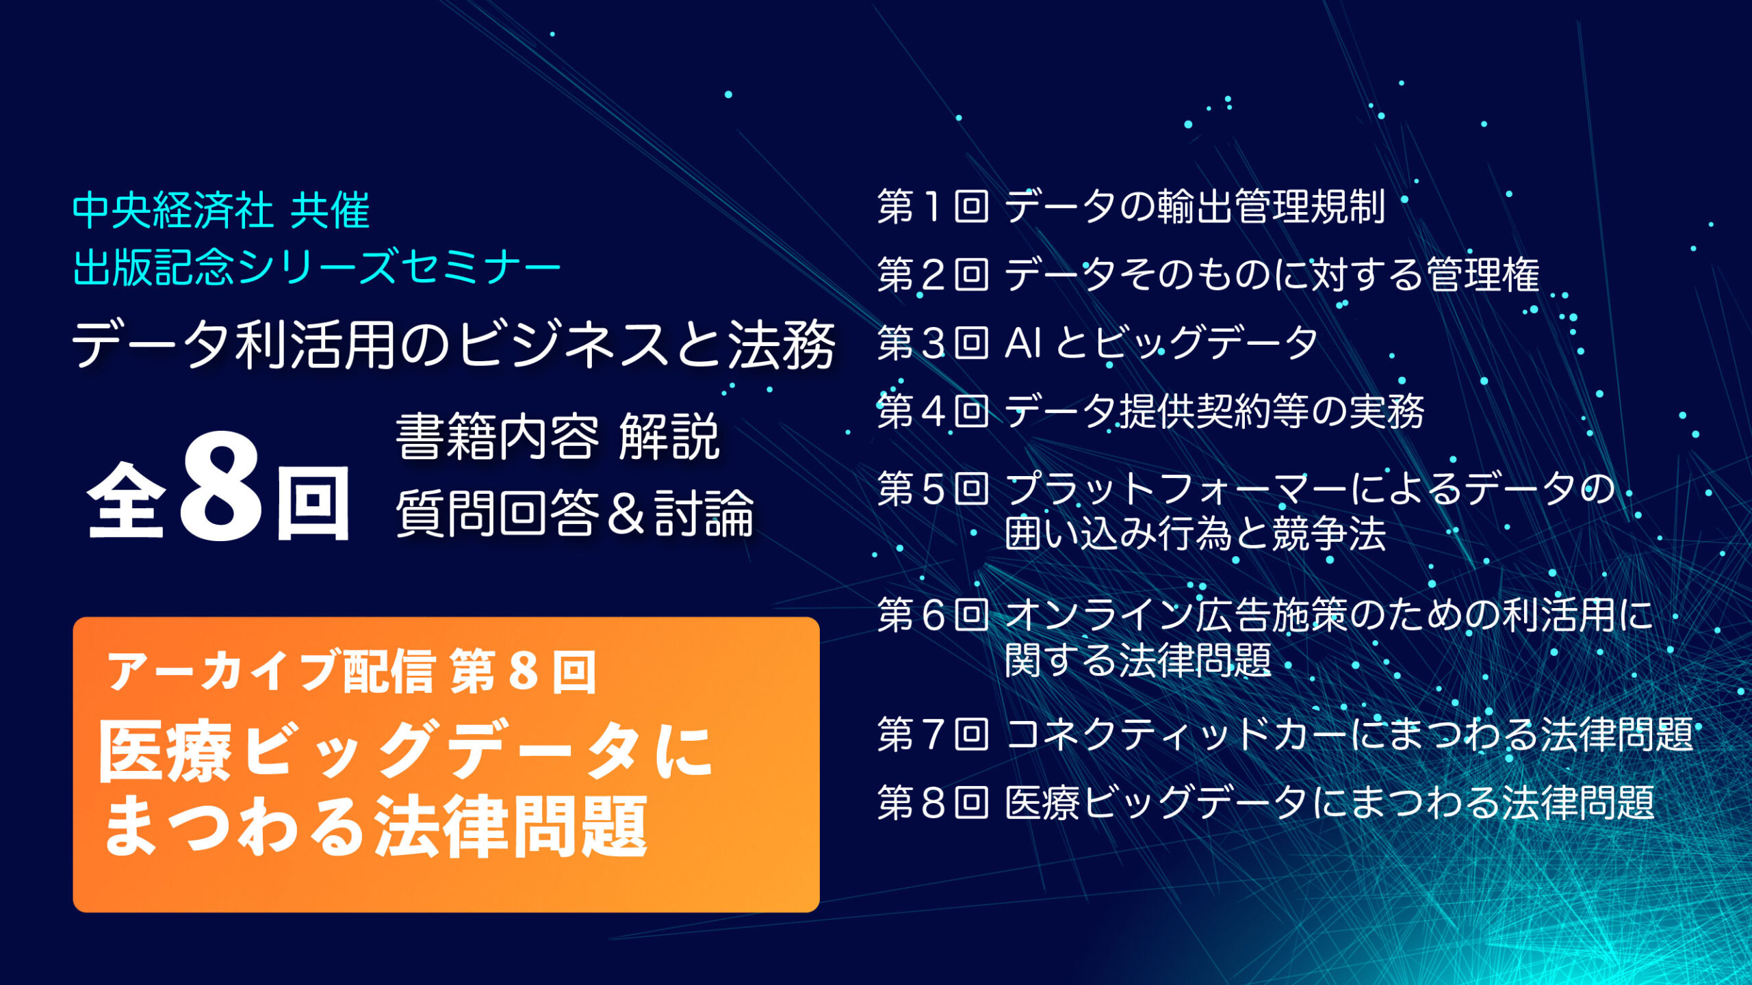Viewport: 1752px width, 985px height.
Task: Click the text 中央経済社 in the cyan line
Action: (172, 210)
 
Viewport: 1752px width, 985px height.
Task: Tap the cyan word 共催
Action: (330, 210)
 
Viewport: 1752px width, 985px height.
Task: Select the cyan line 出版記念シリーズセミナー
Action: (317, 267)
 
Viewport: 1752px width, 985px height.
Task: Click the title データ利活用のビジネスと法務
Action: (454, 345)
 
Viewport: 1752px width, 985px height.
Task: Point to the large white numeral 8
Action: (220, 487)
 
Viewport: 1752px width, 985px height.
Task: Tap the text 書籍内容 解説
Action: (558, 437)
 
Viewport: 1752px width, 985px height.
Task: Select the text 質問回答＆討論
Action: (575, 512)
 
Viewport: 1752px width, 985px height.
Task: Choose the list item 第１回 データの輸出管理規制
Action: (1131, 206)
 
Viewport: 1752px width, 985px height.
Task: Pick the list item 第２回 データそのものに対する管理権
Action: (1209, 274)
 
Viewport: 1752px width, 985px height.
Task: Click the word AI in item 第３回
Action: (1023, 343)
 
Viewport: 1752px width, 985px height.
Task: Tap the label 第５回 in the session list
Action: (933, 488)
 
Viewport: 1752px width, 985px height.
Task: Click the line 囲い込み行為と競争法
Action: (1195, 534)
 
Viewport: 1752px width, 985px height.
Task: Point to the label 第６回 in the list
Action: (933, 614)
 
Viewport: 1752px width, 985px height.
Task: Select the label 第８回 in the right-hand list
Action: (933, 802)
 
